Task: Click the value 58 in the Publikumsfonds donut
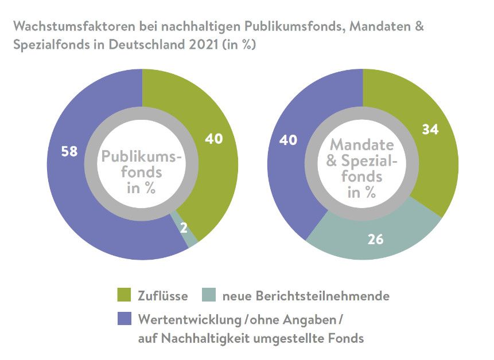69,152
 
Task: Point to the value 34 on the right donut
430,130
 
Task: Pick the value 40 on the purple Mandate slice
289,139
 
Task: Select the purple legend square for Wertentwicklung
123,318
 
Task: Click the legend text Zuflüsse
163,296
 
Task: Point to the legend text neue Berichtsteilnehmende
306,296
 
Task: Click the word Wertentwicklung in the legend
188,318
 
